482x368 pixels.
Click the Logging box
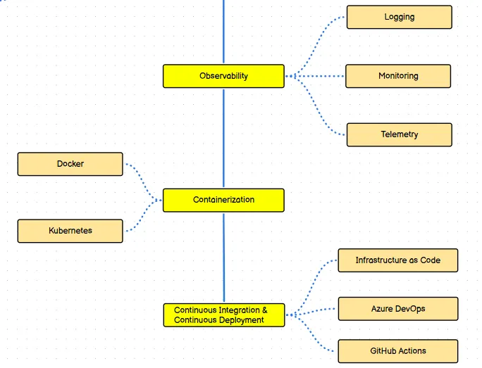399,17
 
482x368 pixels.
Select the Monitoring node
397,76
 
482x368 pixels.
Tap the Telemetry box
399,134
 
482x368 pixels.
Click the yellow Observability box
223,76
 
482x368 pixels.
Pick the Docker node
70,164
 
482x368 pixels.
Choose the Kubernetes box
70,231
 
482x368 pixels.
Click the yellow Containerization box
223,200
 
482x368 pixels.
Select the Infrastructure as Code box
397,260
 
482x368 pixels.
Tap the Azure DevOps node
397,309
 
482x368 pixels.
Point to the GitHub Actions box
397,351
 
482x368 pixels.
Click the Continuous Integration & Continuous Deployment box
223,315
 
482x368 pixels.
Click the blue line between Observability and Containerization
223,137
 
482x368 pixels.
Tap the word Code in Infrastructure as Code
429,260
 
